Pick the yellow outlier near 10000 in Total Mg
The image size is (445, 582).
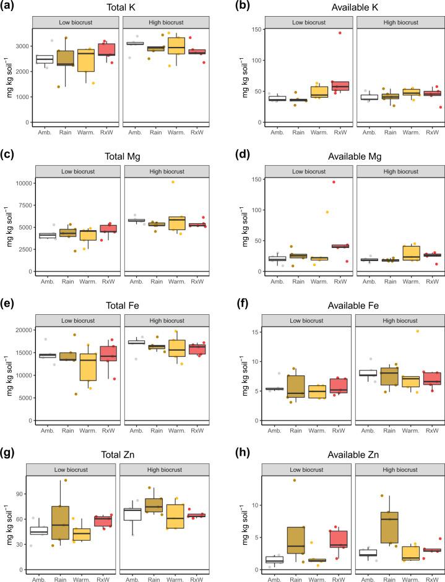(173, 182)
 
